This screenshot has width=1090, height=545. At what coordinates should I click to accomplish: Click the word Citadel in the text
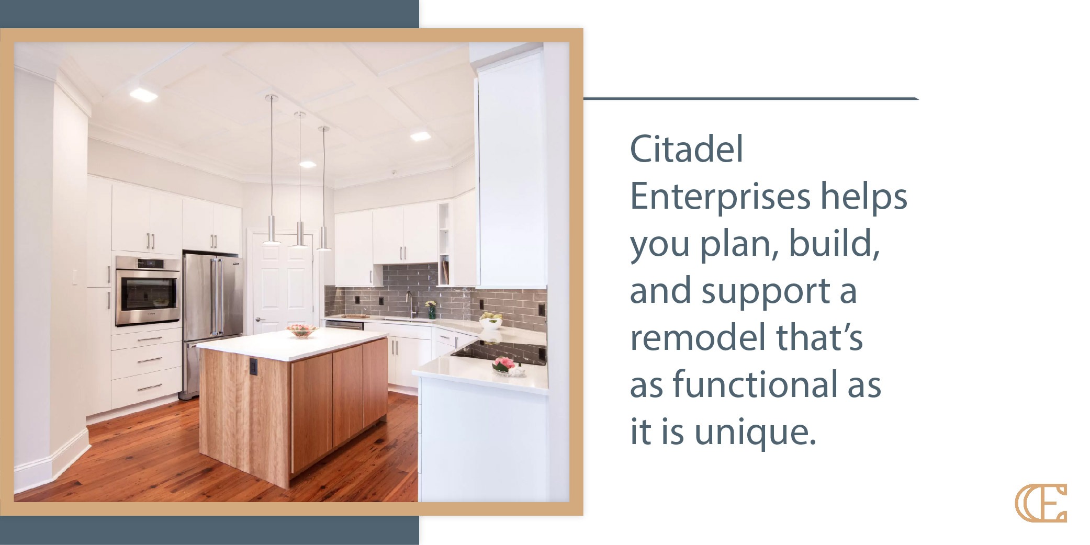pos(686,150)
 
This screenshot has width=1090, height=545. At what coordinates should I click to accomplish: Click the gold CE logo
pos(1040,503)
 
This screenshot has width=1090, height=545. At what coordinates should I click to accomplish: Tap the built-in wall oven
pos(148,291)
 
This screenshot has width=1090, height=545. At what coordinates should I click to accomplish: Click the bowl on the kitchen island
pos(301,331)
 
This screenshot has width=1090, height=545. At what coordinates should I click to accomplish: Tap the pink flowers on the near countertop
pos(504,362)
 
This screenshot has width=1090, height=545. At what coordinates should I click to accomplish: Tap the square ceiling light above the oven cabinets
pos(140,94)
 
